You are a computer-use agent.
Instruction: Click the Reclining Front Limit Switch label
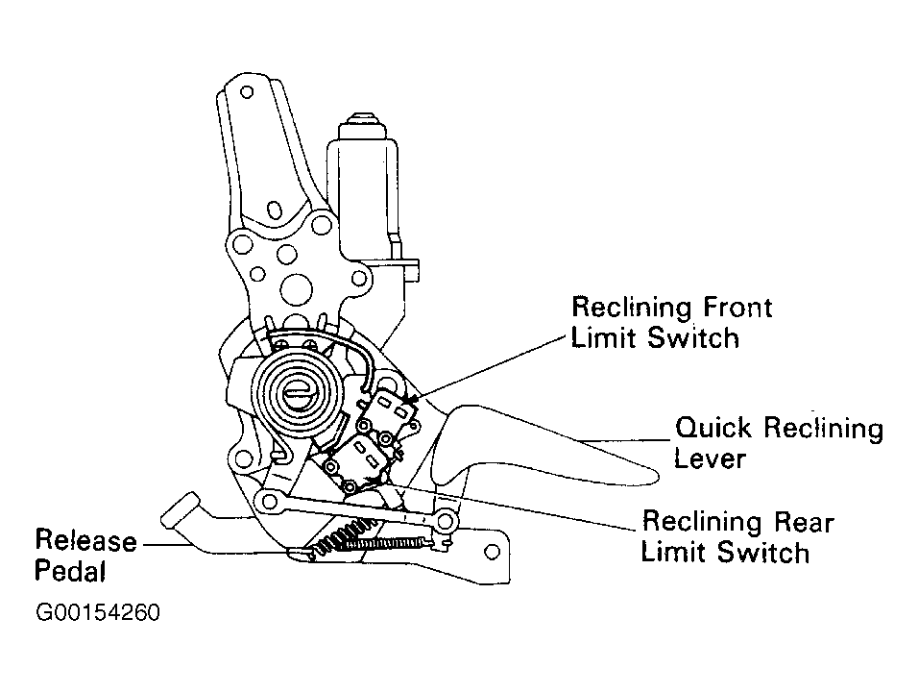point(671,322)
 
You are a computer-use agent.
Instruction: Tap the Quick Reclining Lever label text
point(779,441)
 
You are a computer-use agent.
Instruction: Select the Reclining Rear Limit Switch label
point(737,537)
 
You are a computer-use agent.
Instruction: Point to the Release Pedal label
point(85,556)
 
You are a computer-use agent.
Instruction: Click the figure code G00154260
point(97,612)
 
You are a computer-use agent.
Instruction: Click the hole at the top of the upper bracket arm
point(247,94)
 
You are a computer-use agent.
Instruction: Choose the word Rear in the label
point(799,522)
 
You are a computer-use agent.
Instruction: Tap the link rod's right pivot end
point(444,522)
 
